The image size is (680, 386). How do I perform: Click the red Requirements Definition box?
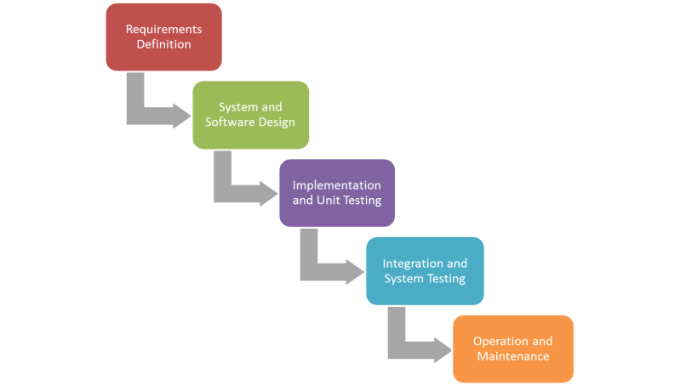[x=163, y=37]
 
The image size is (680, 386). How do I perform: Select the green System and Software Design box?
[x=250, y=114]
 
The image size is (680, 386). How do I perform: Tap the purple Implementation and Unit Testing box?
[x=336, y=192]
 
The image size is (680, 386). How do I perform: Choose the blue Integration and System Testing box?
[x=425, y=270]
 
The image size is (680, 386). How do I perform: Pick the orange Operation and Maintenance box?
[x=512, y=349]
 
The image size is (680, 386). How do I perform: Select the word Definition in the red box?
[x=163, y=44]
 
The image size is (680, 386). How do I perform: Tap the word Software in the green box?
[x=232, y=122]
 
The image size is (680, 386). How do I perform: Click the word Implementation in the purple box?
[x=337, y=184]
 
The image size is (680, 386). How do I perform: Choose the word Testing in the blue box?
[x=446, y=279]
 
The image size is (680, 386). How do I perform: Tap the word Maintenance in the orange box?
[x=512, y=356]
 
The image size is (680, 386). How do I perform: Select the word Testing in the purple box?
[x=360, y=201]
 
